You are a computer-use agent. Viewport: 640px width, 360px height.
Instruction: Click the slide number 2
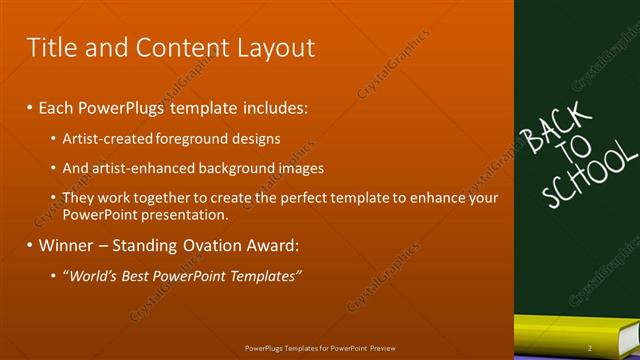click(590, 348)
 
